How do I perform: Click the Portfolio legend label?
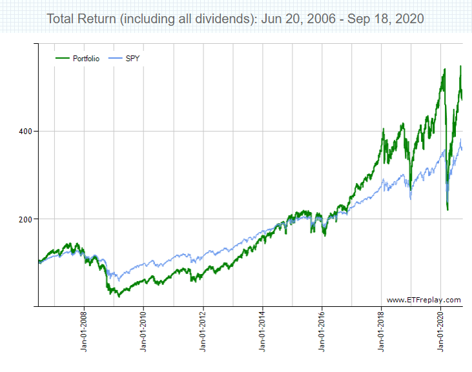[x=87, y=59]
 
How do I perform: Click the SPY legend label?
[x=133, y=59]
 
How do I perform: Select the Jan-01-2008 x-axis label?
[x=85, y=332]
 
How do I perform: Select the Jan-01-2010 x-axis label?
[x=144, y=332]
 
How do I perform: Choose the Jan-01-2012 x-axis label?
[x=203, y=332]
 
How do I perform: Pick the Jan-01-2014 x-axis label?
[x=263, y=332]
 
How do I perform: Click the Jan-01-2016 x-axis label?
[x=322, y=332]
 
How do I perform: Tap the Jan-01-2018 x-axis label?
[x=382, y=332]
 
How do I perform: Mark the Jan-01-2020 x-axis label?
[x=441, y=332]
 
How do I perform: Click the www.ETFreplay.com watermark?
[x=424, y=300]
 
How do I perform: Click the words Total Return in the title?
[x=81, y=19]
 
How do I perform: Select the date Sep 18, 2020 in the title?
[x=385, y=19]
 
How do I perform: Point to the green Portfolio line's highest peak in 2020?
[x=460, y=66]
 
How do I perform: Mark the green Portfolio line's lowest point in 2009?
[x=119, y=296]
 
